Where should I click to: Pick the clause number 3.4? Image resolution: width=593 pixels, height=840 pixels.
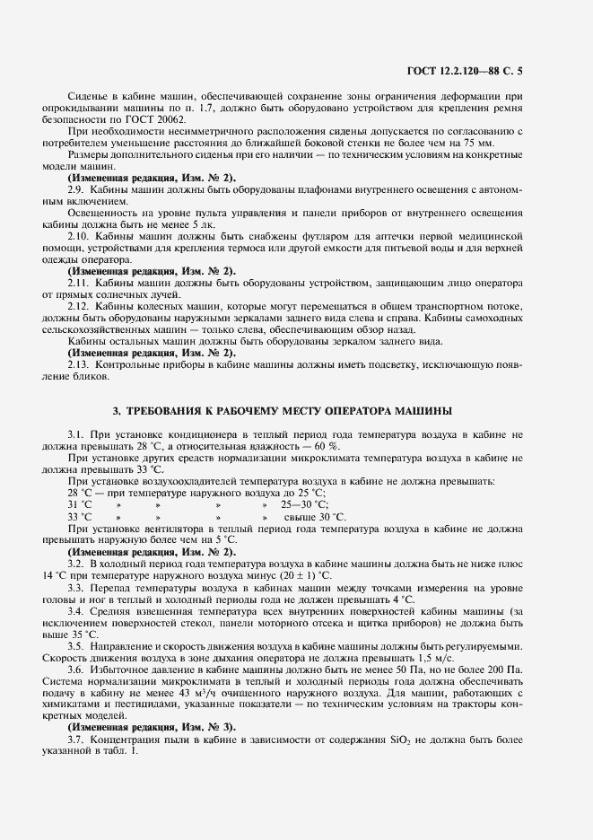click(76, 610)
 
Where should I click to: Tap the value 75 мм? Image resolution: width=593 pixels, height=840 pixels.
click(474, 143)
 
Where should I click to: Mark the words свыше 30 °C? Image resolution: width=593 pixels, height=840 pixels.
click(314, 516)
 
